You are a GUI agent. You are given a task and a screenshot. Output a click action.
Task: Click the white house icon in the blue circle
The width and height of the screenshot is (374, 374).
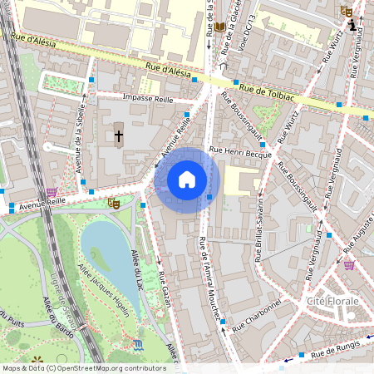(187, 180)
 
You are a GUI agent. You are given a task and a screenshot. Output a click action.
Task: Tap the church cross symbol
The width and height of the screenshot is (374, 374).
(119, 135)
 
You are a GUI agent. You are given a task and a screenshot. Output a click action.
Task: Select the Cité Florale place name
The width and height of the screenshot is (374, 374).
(332, 300)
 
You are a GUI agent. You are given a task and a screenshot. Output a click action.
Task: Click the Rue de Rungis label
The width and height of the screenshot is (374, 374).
(339, 353)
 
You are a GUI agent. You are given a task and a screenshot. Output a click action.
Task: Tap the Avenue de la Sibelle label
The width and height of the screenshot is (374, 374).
(81, 138)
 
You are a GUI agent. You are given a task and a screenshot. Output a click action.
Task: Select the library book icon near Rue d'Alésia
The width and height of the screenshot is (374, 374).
(219, 27)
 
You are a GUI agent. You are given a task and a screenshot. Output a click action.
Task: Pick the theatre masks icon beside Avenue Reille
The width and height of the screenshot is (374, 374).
(114, 202)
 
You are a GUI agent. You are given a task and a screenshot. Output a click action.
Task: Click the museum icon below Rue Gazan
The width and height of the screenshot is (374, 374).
(137, 343)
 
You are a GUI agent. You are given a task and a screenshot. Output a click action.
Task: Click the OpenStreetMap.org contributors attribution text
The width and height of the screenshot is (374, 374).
(116, 367)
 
